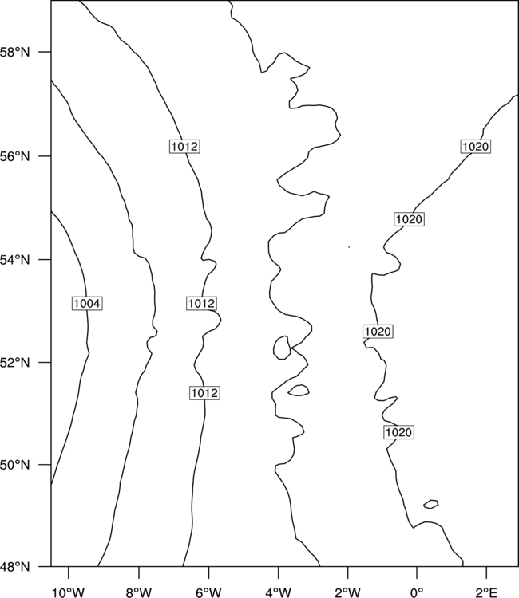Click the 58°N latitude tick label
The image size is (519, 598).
click(x=14, y=52)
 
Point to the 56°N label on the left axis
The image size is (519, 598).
click(x=14, y=156)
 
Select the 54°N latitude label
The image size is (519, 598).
click(x=14, y=260)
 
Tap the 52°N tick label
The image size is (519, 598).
click(x=14, y=362)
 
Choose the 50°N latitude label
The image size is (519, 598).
click(x=14, y=465)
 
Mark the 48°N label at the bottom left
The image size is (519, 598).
click(x=14, y=567)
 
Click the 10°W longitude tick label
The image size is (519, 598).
click(x=69, y=592)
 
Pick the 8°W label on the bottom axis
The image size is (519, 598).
click(x=139, y=592)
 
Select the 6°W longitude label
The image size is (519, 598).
click(x=208, y=592)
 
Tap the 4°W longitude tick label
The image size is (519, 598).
click(x=279, y=592)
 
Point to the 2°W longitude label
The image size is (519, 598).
click(x=348, y=592)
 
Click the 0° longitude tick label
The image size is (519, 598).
click(x=417, y=592)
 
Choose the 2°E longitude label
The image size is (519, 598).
click(x=486, y=592)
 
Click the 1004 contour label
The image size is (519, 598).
click(x=87, y=304)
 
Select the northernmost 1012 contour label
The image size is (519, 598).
click(x=184, y=147)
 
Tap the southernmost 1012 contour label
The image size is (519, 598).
click(x=204, y=393)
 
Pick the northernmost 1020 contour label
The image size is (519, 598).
click(x=475, y=147)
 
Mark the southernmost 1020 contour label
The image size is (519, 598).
click(x=398, y=432)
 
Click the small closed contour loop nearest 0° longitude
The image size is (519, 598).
click(x=431, y=504)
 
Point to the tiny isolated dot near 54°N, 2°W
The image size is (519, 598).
click(x=349, y=247)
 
